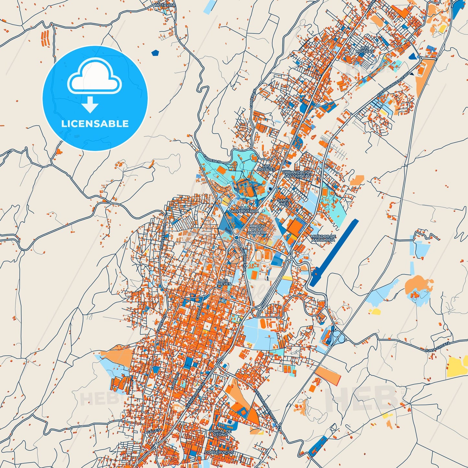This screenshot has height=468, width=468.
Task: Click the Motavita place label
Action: point(165,6)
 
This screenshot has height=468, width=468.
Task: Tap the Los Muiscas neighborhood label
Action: point(365,50)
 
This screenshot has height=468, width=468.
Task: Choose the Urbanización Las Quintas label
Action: point(297,174)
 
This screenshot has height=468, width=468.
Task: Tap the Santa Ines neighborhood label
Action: point(284,202)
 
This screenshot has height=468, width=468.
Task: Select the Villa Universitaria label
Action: point(244,209)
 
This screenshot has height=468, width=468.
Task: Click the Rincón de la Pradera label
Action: point(257,229)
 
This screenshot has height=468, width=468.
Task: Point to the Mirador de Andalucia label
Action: point(323,238)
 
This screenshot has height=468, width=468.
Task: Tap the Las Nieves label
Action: point(224,282)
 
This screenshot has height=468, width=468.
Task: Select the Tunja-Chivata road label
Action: point(438,347)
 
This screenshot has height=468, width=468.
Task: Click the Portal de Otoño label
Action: point(220,433)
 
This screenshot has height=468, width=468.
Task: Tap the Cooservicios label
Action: point(219,452)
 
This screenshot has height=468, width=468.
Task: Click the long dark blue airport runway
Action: point(334,253)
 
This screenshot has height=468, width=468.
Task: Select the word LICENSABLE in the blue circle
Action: point(95,124)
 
